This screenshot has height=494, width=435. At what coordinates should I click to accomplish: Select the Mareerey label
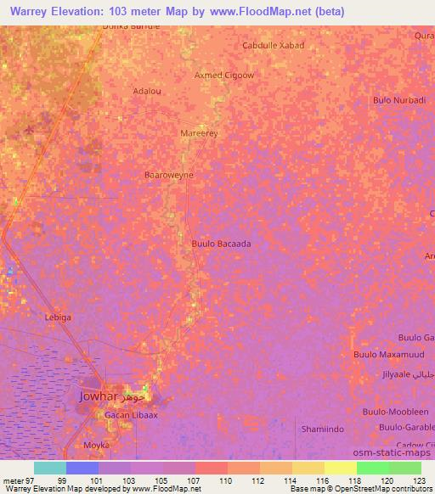click(x=200, y=134)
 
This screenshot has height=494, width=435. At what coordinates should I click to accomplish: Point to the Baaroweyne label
click(x=169, y=175)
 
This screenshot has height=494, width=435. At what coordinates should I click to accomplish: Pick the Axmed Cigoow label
click(x=225, y=75)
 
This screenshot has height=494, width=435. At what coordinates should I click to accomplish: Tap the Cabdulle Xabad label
click(x=273, y=46)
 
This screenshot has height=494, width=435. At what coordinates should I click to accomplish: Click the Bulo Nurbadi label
click(x=399, y=100)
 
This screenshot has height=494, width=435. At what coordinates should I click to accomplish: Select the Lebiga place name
click(x=58, y=317)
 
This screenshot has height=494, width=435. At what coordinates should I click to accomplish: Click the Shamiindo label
click(x=322, y=429)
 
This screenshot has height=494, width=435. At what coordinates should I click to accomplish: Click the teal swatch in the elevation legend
click(x=49, y=468)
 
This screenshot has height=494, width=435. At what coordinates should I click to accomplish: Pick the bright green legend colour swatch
click(x=372, y=468)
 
